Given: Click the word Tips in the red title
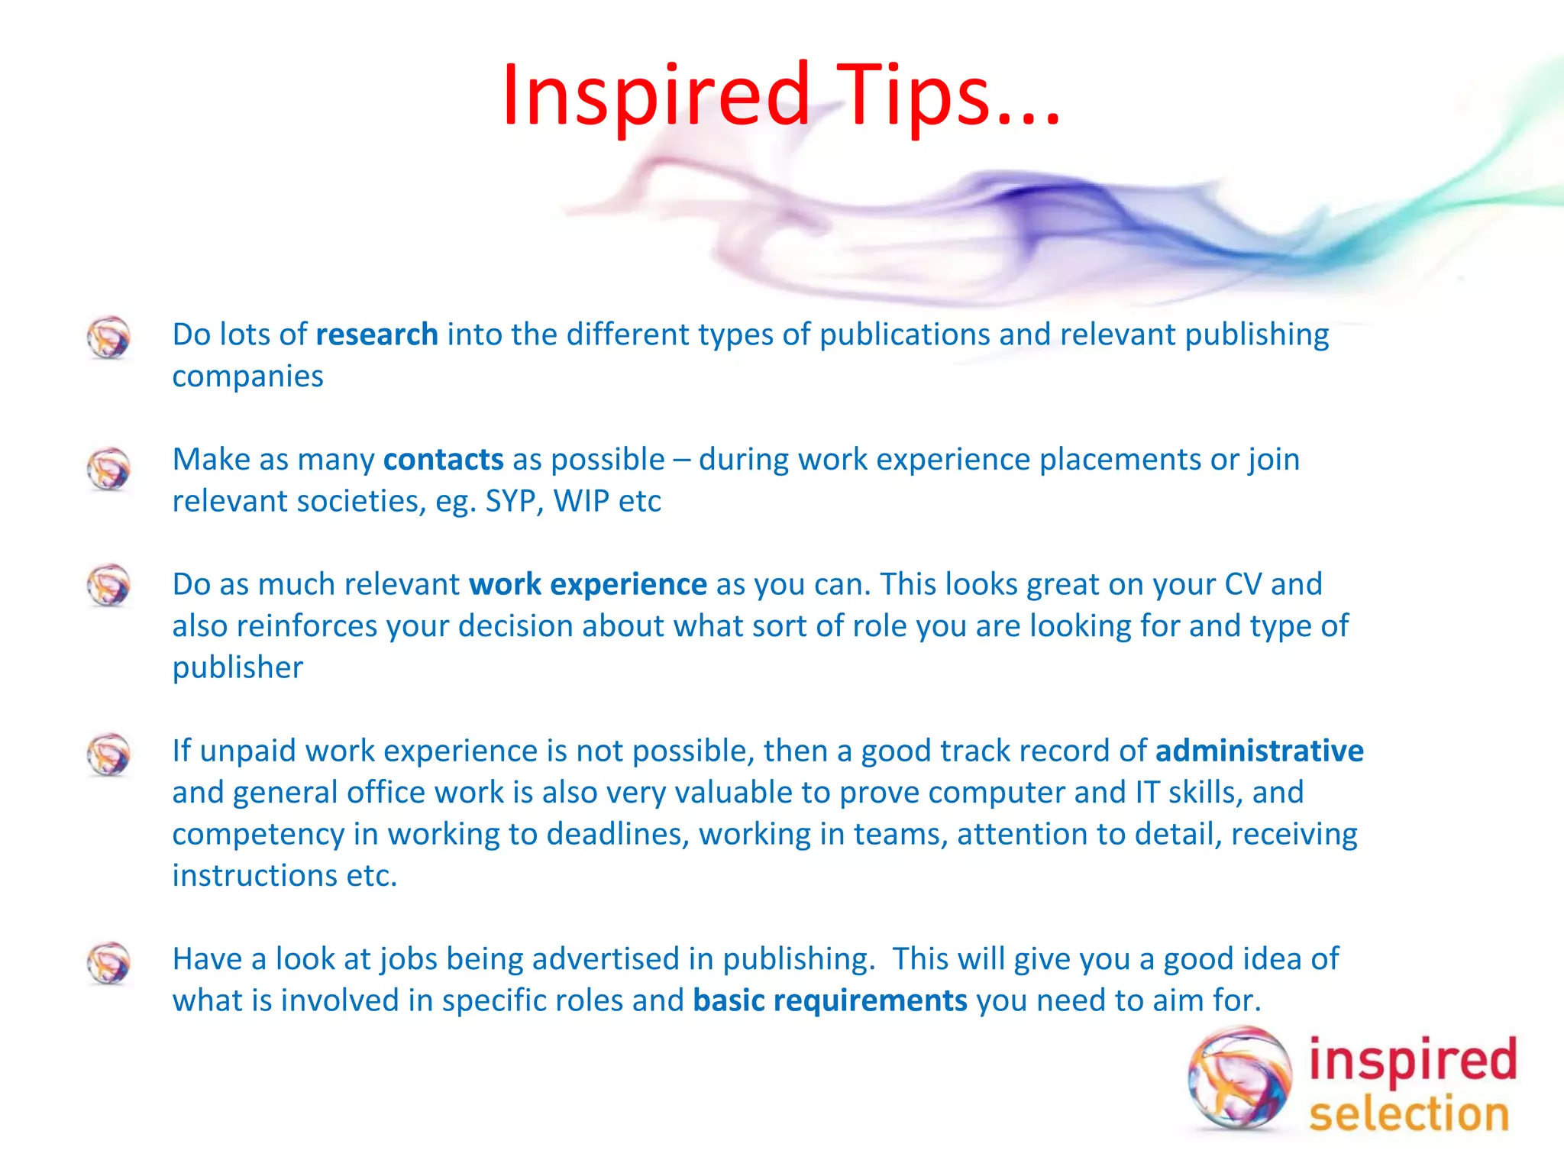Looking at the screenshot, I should click(x=913, y=95).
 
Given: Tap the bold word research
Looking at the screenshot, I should click(x=376, y=334).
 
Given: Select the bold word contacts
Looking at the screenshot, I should click(x=443, y=460).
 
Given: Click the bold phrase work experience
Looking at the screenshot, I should click(x=587, y=584).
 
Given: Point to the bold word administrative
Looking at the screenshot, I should click(x=1259, y=751).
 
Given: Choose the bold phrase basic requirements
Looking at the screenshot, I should click(x=829, y=1000).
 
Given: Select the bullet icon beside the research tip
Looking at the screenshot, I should click(x=108, y=338).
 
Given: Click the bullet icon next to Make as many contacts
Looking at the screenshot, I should click(x=108, y=469).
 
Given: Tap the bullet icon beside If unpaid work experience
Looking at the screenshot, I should click(x=108, y=755).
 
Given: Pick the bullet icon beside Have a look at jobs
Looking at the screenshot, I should click(x=108, y=963).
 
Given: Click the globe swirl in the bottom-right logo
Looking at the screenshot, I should click(x=1239, y=1078).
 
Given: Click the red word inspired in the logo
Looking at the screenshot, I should click(x=1412, y=1060).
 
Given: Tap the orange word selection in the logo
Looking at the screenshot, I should click(x=1409, y=1113).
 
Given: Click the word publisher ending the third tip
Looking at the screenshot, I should click(x=238, y=668).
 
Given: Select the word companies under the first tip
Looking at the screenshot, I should click(x=247, y=376).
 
